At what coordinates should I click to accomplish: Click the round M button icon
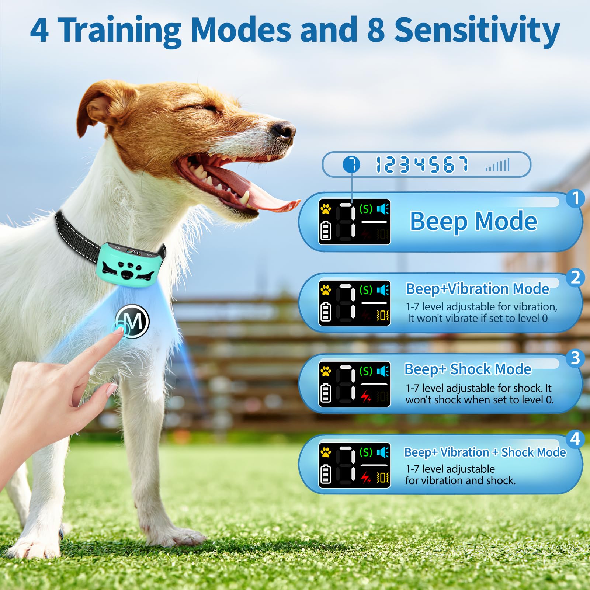click(133, 321)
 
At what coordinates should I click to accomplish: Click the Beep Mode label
click(473, 221)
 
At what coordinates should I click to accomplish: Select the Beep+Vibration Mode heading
click(477, 289)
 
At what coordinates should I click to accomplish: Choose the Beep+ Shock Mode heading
click(468, 369)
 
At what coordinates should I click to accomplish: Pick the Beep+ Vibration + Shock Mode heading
click(485, 452)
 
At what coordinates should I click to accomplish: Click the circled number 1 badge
click(575, 198)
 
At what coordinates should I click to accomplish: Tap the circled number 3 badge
click(575, 358)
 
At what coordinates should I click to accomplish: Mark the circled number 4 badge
click(575, 439)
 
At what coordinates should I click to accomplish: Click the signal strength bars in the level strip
click(497, 165)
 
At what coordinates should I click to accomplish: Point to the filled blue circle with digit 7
click(351, 164)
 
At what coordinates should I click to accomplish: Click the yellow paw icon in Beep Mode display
click(326, 209)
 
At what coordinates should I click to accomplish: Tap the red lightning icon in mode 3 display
click(365, 397)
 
